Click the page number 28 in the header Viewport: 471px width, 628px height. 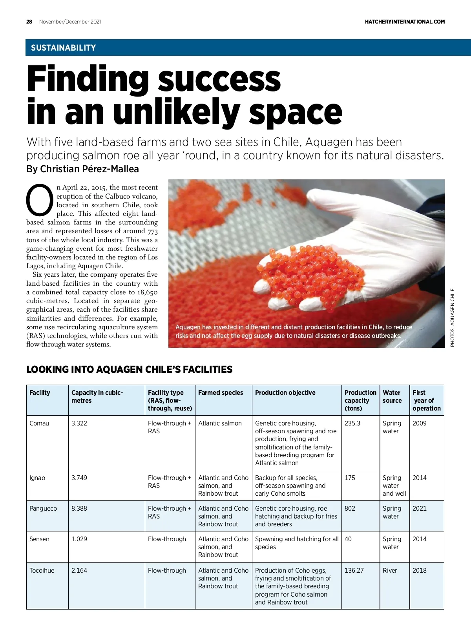(x=29, y=22)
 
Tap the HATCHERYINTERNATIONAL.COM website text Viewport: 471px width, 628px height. (x=405, y=22)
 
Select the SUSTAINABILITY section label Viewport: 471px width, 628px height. (x=63, y=48)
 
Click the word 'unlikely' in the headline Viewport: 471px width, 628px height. (x=177, y=113)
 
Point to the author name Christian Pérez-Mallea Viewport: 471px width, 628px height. (x=89, y=169)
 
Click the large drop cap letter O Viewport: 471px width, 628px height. (x=40, y=200)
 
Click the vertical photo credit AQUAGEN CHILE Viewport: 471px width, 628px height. (x=452, y=318)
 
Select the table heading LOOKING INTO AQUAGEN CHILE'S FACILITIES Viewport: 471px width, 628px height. (x=129, y=369)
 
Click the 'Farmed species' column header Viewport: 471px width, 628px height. (x=221, y=392)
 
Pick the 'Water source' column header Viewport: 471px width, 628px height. (x=392, y=396)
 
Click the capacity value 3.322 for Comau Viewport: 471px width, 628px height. (x=79, y=423)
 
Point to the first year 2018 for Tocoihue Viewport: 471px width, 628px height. (x=419, y=570)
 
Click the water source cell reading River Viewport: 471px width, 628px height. (x=390, y=570)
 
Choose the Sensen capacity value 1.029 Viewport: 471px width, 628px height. (x=79, y=539)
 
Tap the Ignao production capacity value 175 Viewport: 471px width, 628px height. (x=350, y=478)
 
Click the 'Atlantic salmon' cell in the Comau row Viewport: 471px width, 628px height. (x=220, y=423)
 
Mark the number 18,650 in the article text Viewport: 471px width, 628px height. (x=147, y=292)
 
